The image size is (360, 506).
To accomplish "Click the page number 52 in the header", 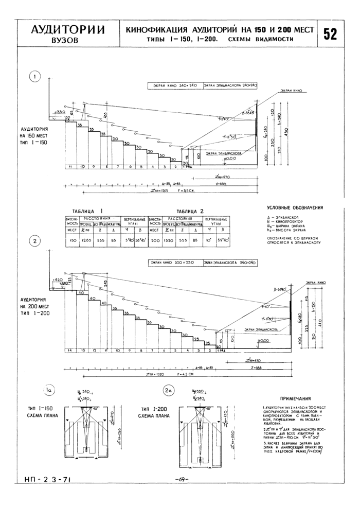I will coord(330,34).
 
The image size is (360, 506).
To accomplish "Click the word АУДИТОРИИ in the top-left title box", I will coord(66,29).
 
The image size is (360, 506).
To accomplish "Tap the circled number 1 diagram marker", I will coord(35,77).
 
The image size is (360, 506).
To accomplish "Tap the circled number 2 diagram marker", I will coord(35,240).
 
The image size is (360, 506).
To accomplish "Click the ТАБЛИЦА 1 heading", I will coord(88,211).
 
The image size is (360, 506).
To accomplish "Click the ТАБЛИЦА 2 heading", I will coord(190,211).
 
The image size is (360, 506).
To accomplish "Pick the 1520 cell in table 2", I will coord(168,240).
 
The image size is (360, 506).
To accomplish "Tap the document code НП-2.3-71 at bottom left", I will coord(47,479).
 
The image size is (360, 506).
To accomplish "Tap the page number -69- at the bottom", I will coord(182,479).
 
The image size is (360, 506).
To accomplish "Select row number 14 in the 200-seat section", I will coord(68,350).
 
